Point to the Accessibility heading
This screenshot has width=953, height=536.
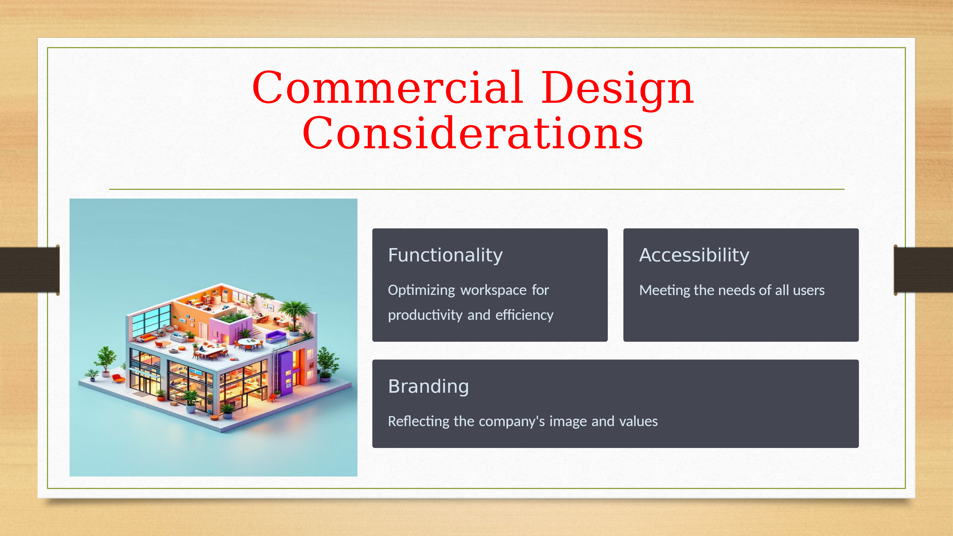[x=694, y=255]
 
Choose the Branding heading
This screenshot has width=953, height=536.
[x=428, y=386]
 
